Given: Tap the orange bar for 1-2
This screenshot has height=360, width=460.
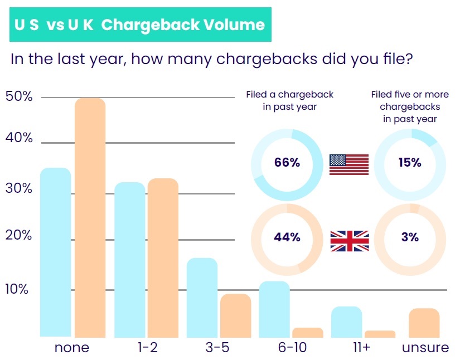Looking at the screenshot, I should coord(163,257).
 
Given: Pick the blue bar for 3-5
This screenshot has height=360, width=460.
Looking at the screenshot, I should coord(202,298).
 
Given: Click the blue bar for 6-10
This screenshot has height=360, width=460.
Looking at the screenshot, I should coord(274,309).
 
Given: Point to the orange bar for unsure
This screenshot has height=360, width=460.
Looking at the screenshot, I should coord(424,323).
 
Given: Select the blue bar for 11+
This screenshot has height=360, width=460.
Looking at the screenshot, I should coord(347,322).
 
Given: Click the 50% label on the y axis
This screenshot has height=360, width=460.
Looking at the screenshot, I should coord(19,96).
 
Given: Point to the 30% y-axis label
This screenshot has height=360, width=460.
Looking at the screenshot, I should coord(19,188).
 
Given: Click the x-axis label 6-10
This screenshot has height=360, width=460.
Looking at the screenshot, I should coord(292,348).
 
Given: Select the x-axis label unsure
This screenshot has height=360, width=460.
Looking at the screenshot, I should coord(425,348).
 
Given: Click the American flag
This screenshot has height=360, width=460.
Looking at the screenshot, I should coord(349,164).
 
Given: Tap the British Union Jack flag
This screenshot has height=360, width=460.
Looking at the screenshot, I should coord(350,241).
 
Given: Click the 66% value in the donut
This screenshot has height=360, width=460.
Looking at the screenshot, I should coord(287,163).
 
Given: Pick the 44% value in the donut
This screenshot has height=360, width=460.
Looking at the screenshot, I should coord(287,237).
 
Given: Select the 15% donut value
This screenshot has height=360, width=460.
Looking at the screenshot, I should coord(409,163).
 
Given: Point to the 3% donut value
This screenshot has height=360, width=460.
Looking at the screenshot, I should coord(409,237).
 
